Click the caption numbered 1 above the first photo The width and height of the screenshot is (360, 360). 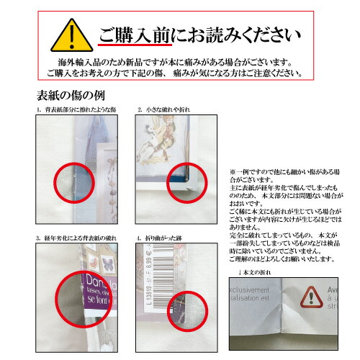tap(76, 109)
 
